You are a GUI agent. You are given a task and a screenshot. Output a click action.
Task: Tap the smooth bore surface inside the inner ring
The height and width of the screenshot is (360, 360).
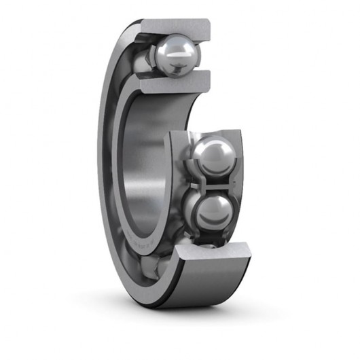[x=146, y=170]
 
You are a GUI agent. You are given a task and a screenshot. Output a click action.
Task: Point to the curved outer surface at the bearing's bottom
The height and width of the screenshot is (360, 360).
[x=197, y=285]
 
